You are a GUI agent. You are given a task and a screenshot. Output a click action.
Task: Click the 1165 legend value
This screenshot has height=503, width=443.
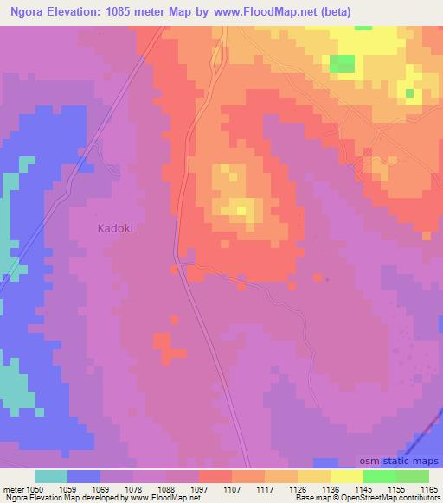point(429,488)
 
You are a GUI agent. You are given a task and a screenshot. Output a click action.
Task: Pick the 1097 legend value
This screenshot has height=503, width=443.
point(199,488)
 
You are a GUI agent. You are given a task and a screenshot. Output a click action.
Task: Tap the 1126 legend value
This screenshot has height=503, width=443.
point(298,488)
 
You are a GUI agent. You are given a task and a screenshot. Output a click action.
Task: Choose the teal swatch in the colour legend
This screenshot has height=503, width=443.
point(51,476)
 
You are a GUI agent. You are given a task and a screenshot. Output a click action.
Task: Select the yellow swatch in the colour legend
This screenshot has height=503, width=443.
point(347,476)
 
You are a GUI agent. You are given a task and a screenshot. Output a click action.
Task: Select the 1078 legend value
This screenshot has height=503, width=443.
point(133,488)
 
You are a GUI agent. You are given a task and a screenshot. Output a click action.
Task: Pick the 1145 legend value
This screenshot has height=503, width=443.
point(363,488)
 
